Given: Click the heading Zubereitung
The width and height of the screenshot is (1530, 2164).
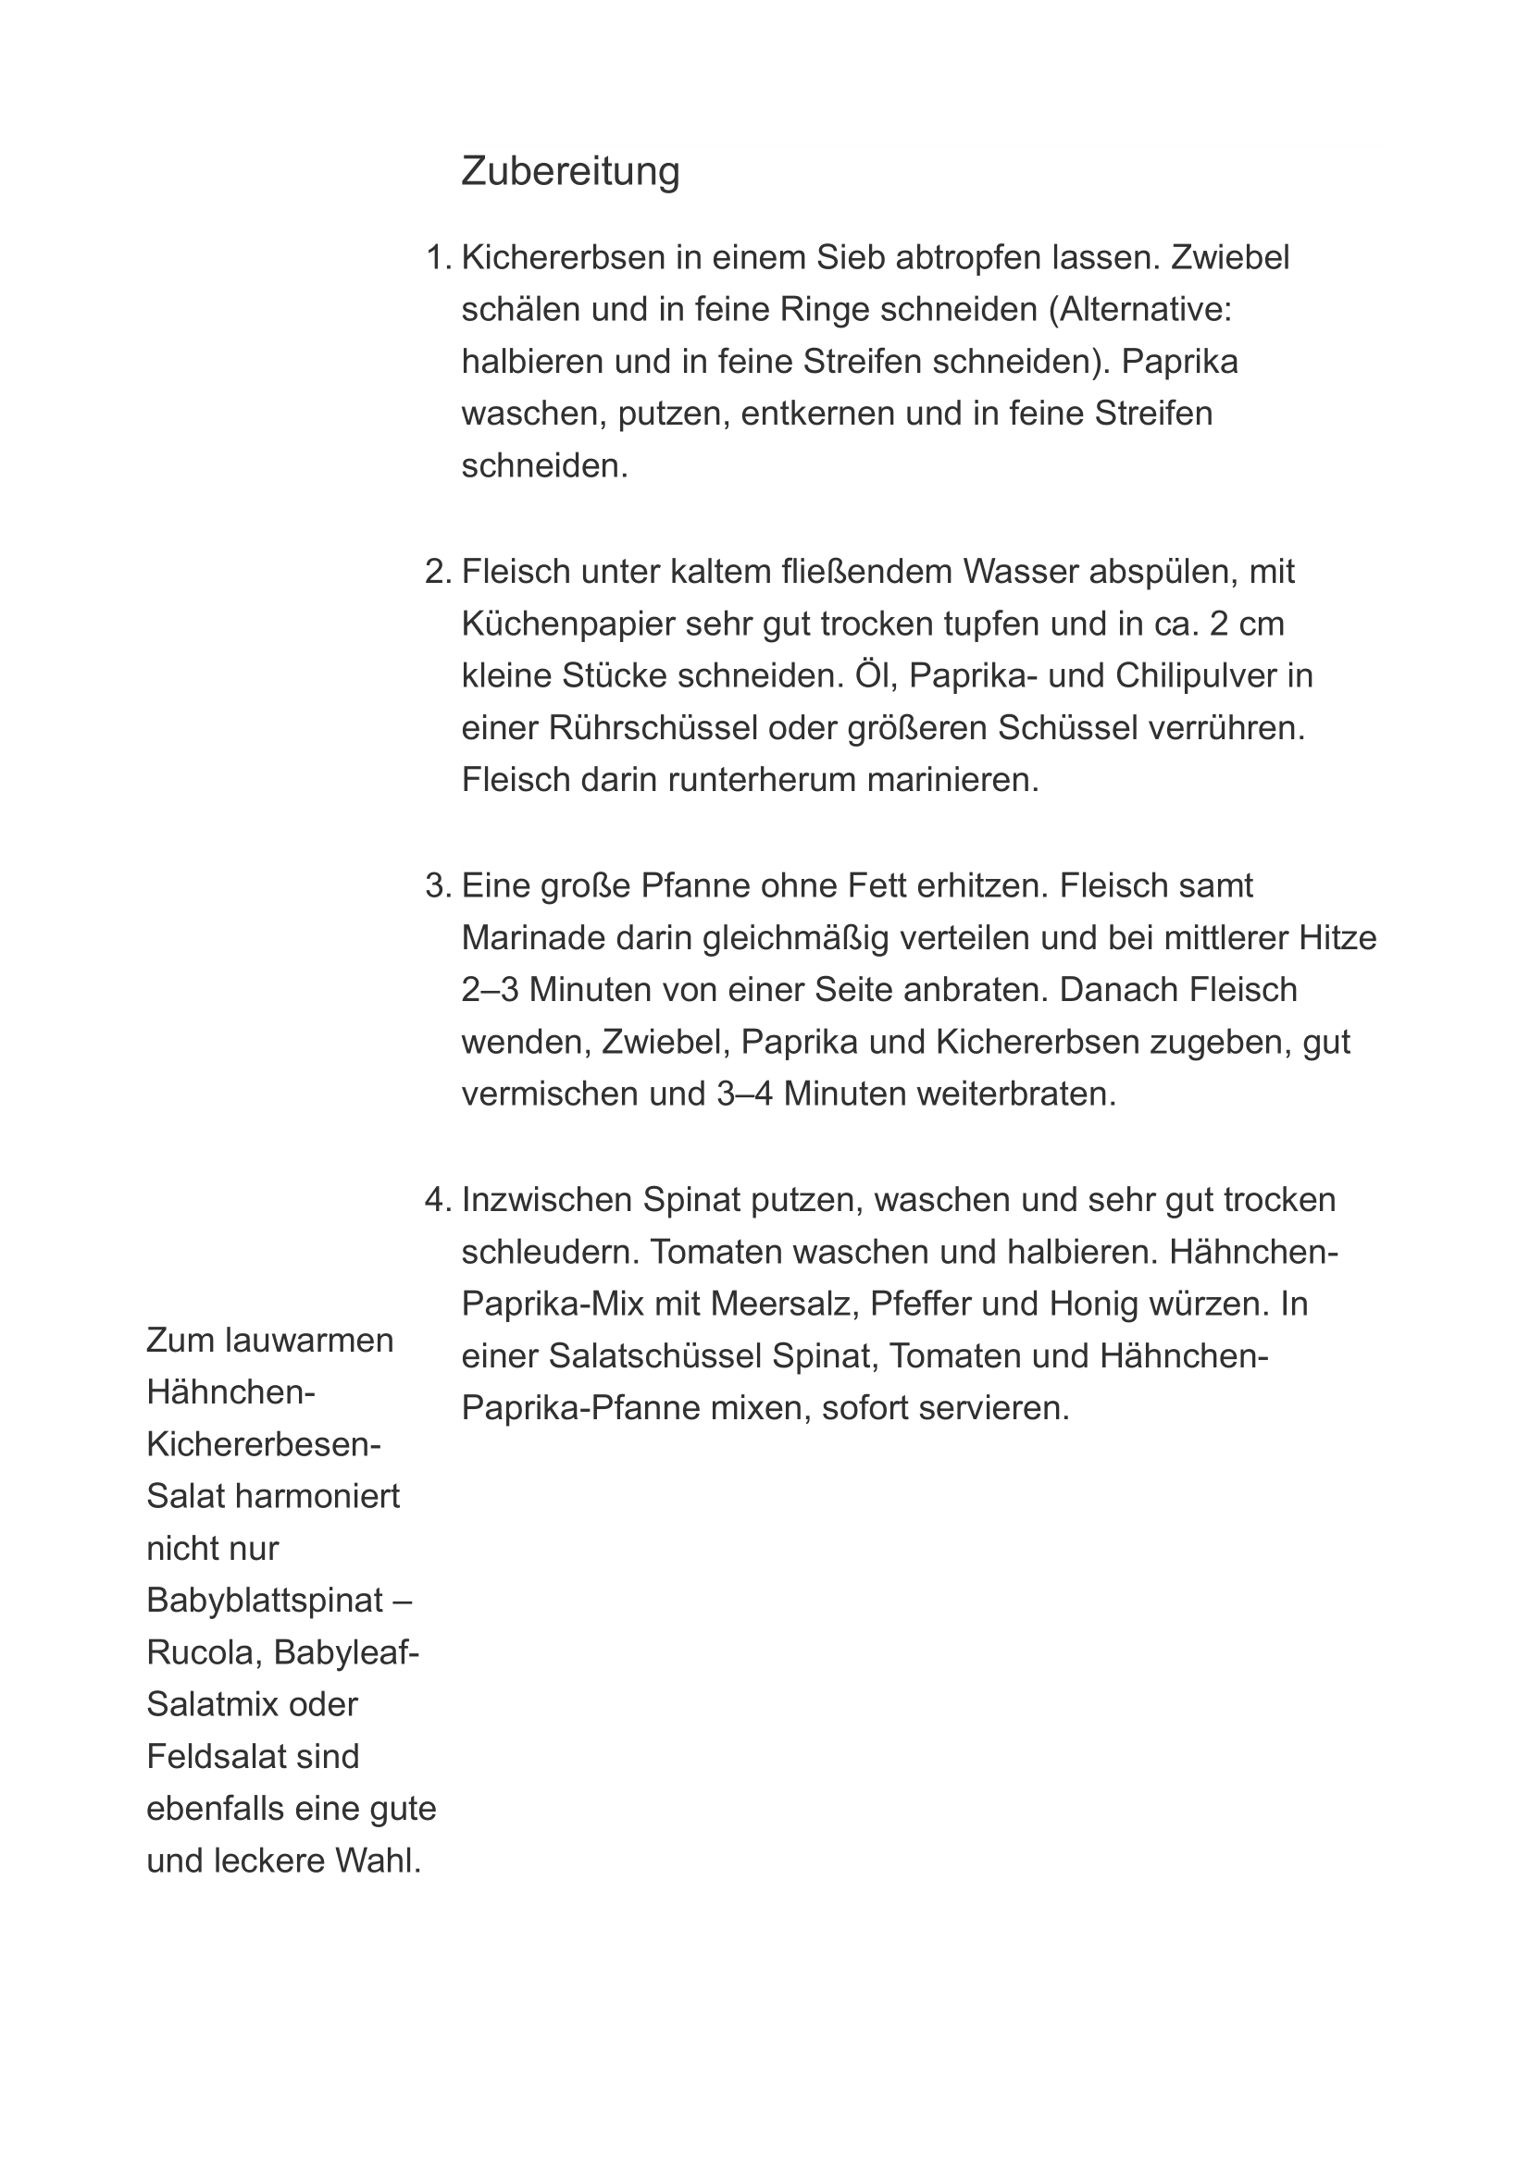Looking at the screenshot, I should click(569, 171).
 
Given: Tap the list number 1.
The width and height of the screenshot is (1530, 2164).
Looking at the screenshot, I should click(438, 257).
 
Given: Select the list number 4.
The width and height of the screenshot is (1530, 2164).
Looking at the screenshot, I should click(438, 1200).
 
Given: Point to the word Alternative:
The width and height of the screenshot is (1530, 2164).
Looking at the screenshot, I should click(1144, 310).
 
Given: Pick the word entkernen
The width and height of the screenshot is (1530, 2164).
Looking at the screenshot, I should click(818, 414).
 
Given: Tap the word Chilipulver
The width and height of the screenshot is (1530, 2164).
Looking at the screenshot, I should click(1190, 675).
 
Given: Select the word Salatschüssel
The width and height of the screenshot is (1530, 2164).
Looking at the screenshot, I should click(654, 1356).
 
